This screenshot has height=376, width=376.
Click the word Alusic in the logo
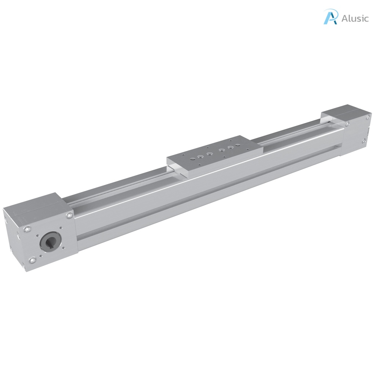click(355, 18)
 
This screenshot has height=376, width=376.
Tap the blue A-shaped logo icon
click(330, 17)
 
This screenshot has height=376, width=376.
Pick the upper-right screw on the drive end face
click(69, 216)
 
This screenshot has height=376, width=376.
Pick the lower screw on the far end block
click(363, 140)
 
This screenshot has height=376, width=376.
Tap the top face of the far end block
click(343, 112)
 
